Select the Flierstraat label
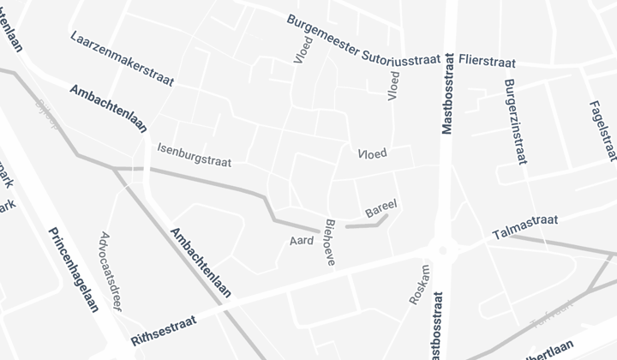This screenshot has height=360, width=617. [488, 62]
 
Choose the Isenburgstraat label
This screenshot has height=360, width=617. [194, 154]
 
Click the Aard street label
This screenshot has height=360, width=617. [302, 241]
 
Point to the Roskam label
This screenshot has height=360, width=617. [419, 285]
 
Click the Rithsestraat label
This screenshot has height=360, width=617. [165, 331]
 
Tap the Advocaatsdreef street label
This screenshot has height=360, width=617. [108, 271]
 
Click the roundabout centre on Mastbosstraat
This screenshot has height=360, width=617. [442, 250]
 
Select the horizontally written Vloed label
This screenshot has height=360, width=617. [372, 153]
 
